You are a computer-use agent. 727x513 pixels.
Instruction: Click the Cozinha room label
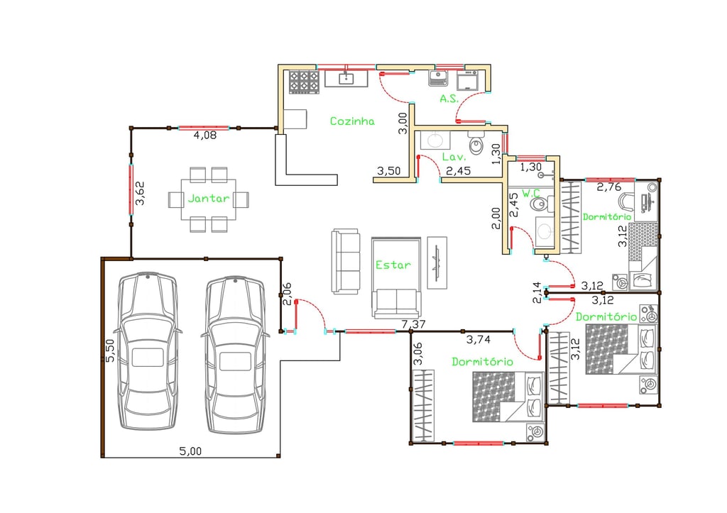pyautogui.click(x=351, y=121)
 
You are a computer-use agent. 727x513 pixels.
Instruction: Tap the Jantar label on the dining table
pyautogui.click(x=209, y=199)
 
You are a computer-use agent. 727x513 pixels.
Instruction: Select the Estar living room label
pyautogui.click(x=393, y=265)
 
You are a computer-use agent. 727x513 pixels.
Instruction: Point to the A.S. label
pyautogui.click(x=448, y=99)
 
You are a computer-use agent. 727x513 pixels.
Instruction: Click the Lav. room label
pyautogui.click(x=453, y=156)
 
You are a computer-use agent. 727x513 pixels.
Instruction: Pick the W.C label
pyautogui.click(x=531, y=193)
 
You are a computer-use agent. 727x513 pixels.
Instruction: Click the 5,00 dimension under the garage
pyautogui.click(x=190, y=450)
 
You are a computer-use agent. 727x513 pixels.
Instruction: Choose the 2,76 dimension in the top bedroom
pyautogui.click(x=608, y=187)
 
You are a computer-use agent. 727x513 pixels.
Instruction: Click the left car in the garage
pyautogui.click(x=147, y=352)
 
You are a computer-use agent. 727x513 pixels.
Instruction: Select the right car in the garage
pyautogui.click(x=235, y=354)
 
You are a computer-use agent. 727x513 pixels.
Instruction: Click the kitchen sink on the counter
pyautogui.click(x=346, y=77)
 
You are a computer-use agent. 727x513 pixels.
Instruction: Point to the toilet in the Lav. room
pyautogui.click(x=476, y=146)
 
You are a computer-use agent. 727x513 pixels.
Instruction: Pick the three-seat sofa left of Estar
pyautogui.click(x=346, y=261)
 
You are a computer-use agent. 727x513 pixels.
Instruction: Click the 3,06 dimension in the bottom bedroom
pyautogui.click(x=417, y=354)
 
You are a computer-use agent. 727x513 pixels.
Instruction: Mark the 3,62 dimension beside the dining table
pyautogui.click(x=141, y=194)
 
